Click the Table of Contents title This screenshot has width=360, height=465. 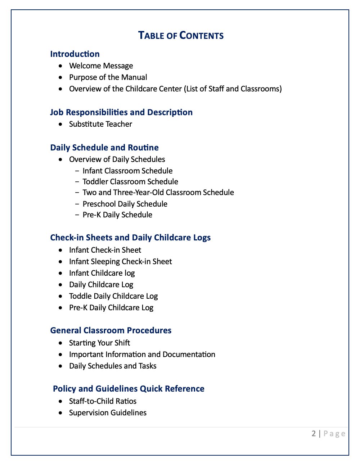[x=181, y=36]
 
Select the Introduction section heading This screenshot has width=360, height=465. [x=75, y=54]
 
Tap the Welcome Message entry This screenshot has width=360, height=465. [x=101, y=66]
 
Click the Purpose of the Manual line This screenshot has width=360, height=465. [x=108, y=77]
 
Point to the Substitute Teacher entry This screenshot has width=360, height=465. [x=100, y=124]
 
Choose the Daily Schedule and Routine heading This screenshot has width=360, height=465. [x=104, y=148]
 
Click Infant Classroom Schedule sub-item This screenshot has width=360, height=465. [x=127, y=171]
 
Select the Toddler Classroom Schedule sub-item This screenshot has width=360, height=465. [x=130, y=182]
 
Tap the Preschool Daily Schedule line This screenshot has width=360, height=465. [x=125, y=204]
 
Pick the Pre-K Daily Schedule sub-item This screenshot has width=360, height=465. [x=117, y=215]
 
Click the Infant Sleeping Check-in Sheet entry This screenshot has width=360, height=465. [x=120, y=262]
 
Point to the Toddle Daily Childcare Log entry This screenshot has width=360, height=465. [x=113, y=296]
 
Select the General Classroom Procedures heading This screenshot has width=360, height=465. [x=111, y=330]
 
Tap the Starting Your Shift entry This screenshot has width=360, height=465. [x=99, y=343]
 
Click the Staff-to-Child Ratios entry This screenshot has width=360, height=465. [x=103, y=401]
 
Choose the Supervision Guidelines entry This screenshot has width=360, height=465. [x=108, y=413]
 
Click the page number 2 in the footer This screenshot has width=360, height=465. [x=314, y=433]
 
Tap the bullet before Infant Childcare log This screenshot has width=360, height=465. [x=61, y=273]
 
